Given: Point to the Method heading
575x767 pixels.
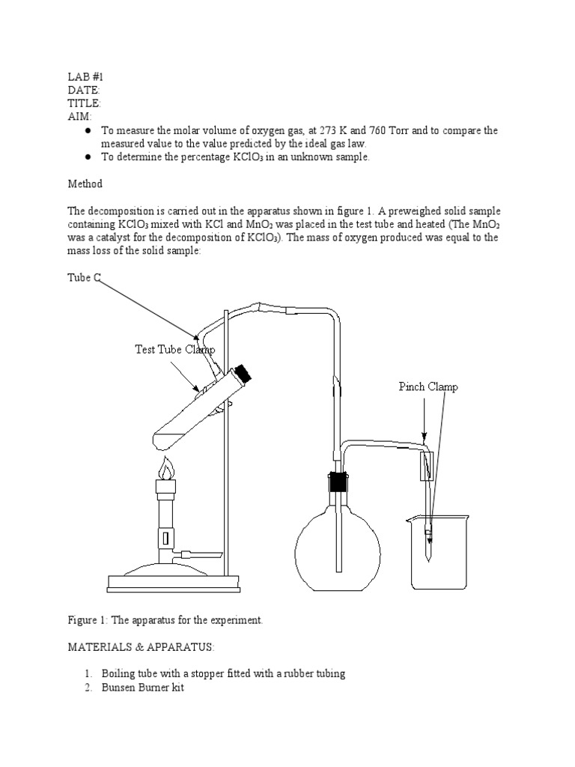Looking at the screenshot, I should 85,184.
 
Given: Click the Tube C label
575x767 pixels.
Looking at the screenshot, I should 84,278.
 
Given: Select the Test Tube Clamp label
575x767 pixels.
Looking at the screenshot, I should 174,349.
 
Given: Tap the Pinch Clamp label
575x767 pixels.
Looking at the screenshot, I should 428,386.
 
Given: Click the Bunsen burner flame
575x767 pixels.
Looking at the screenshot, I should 165,469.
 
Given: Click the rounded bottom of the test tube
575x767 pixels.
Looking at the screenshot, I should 162,437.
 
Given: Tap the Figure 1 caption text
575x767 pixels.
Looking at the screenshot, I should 165,620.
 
